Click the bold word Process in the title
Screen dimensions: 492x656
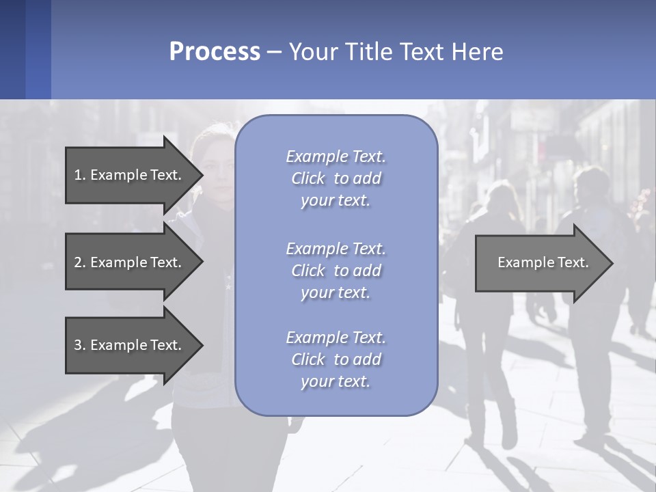pyautogui.click(x=215, y=52)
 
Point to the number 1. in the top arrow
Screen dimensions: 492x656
pyautogui.click(x=80, y=175)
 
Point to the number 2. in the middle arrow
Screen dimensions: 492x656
pyautogui.click(x=80, y=262)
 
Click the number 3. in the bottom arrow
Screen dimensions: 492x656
pyautogui.click(x=80, y=345)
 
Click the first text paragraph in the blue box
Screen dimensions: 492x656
pyautogui.click(x=336, y=178)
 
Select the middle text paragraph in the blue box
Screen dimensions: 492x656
pyautogui.click(x=336, y=271)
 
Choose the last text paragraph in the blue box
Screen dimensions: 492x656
pyautogui.click(x=336, y=359)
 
